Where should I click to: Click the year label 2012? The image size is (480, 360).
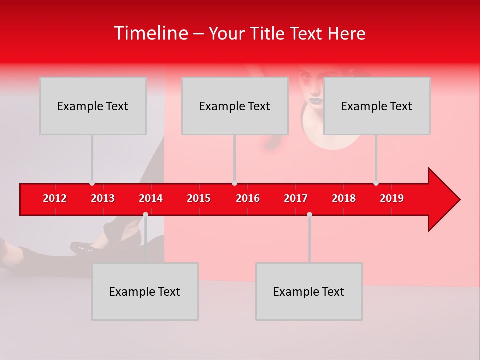pyautogui.click(x=55, y=198)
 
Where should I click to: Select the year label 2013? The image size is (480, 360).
pyautogui.click(x=103, y=198)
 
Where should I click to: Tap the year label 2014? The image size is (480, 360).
pyautogui.click(x=151, y=198)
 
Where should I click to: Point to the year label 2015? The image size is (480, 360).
pyautogui.click(x=199, y=198)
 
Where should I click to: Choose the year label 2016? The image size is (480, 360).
pyautogui.click(x=248, y=198)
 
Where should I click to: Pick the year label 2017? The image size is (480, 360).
pyautogui.click(x=296, y=198)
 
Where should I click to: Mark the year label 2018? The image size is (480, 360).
pyautogui.click(x=344, y=198)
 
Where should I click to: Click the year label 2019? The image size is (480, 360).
pyautogui.click(x=392, y=198)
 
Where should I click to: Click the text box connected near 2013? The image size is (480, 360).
pyautogui.click(x=93, y=106)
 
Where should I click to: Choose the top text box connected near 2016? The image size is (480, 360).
pyautogui.click(x=235, y=106)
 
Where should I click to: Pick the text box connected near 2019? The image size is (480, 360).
pyautogui.click(x=377, y=106)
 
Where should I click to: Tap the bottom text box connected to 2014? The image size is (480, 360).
pyautogui.click(x=145, y=291)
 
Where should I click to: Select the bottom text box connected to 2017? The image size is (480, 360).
pyautogui.click(x=309, y=291)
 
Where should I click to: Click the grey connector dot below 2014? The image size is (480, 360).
pyautogui.click(x=145, y=214)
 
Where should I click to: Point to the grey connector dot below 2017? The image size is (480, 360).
pyautogui.click(x=309, y=214)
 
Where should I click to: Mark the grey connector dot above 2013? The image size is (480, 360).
pyautogui.click(x=92, y=183)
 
